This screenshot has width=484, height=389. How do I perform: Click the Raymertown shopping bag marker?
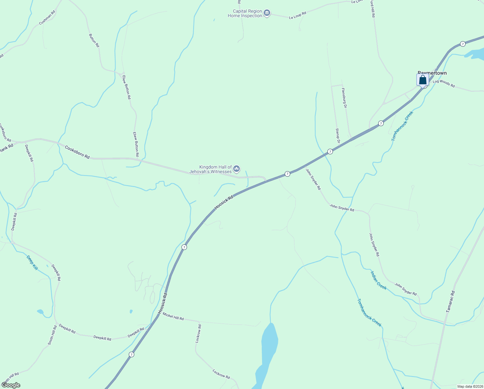click(423, 80)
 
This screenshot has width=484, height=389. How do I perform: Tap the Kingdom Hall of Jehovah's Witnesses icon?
click(236, 169)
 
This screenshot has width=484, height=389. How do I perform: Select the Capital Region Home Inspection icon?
click(267, 13)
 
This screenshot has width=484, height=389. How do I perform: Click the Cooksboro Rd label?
click(77, 152)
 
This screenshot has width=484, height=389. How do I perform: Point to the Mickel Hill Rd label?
click(173, 316)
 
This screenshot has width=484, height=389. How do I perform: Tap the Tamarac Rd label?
click(450, 301)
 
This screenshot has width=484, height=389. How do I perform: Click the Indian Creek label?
click(378, 280)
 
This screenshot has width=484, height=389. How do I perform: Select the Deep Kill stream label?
click(32, 263)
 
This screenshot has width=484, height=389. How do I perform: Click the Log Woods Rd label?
click(444, 83)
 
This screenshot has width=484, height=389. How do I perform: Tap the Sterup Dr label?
click(337, 136)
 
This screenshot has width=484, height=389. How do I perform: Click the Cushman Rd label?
click(47, 18)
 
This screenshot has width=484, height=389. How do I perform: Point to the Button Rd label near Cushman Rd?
click(94, 41)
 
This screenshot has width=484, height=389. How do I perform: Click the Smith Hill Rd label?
click(52, 335)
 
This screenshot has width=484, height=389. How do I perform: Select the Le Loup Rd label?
click(297, 15)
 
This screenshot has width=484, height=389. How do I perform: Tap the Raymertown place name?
click(432, 73)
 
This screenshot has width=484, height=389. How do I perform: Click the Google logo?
click(11, 385)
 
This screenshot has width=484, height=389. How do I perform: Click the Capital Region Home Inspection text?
click(245, 13)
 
